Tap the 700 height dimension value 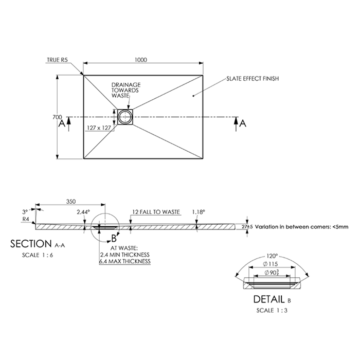click(x=57, y=117)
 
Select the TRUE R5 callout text click(x=56, y=60)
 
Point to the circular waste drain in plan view click(x=124, y=117)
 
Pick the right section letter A click(x=243, y=123)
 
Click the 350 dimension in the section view click(x=71, y=202)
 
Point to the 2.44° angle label click(x=83, y=212)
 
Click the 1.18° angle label click(x=198, y=212)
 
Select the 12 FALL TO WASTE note click(x=155, y=211)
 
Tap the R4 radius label click(x=24, y=220)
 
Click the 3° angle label click(x=24, y=211)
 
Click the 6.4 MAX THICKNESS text click(x=125, y=261)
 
